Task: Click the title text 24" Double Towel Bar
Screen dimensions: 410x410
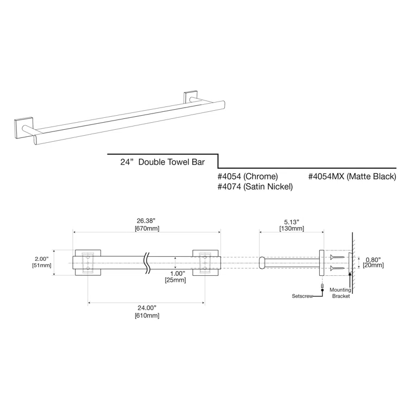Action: [161, 162]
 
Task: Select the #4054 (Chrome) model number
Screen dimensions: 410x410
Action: [248, 176]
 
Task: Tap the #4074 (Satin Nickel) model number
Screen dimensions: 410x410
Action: [255, 186]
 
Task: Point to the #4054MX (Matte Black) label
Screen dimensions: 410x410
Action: [352, 176]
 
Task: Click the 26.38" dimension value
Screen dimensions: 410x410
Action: [146, 221]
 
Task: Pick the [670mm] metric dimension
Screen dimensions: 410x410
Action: [146, 229]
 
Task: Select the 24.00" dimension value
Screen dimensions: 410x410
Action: [146, 307]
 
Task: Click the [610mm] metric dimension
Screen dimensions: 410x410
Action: [146, 315]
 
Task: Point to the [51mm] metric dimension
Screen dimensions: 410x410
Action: [42, 266]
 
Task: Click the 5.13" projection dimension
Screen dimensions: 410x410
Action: [292, 221]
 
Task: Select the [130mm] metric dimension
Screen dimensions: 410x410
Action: [292, 229]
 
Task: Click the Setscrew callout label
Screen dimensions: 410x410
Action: [302, 297]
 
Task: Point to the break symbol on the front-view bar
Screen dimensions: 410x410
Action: [146, 262]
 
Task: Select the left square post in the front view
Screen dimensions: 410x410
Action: [87, 262]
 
